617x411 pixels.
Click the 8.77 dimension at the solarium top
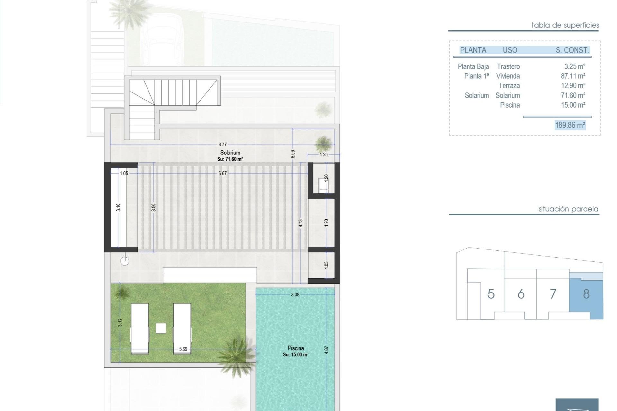coord(222,144)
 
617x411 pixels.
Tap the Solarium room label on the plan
coord(230,153)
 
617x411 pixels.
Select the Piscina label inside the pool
coord(296,348)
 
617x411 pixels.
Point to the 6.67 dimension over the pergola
coord(222,173)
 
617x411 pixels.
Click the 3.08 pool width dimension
coord(295,294)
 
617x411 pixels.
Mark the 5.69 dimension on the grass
coord(183,349)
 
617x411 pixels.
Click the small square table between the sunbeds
coord(161,328)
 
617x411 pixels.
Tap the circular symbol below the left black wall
coord(124,261)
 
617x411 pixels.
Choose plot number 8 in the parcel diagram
coord(586,294)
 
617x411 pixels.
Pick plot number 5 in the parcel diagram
coord(491,294)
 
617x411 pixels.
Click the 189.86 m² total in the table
coord(570,125)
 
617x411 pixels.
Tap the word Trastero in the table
coord(508,66)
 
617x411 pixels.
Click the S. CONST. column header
coord(572,50)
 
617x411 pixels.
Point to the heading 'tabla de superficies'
coord(565,25)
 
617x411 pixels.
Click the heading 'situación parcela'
coord(568,209)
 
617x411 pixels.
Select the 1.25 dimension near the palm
coord(324,154)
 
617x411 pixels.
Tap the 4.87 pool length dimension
coord(326,350)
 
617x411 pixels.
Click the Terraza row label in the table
coord(509,86)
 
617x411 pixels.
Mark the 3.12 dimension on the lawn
coord(120,322)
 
